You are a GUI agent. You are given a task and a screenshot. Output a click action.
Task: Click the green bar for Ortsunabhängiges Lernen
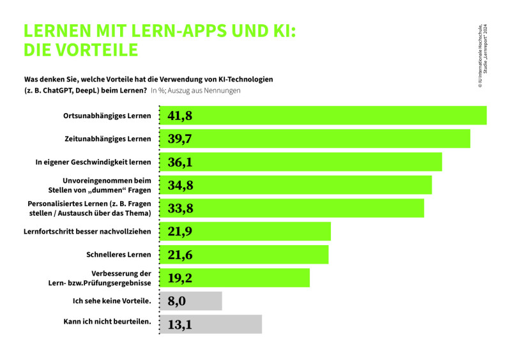tap(332, 116)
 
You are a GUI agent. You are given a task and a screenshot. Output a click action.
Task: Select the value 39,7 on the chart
tap(180, 139)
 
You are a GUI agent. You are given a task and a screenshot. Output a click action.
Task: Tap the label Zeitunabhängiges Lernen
tap(108, 139)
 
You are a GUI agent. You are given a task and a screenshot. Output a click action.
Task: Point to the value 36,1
tap(180, 162)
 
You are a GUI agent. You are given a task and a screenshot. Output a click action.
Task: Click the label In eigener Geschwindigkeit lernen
tap(93, 162)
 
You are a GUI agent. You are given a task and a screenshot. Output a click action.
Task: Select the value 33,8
tap(180, 208)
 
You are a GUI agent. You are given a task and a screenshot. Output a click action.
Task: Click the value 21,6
tap(180, 255)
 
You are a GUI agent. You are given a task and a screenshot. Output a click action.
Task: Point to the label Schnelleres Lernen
tap(119, 255)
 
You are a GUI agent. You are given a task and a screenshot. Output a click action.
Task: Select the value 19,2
tap(180, 278)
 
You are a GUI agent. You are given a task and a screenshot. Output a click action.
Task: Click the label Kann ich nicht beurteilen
tap(107, 322)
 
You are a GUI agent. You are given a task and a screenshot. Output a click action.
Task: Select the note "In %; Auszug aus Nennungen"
tap(195, 91)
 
